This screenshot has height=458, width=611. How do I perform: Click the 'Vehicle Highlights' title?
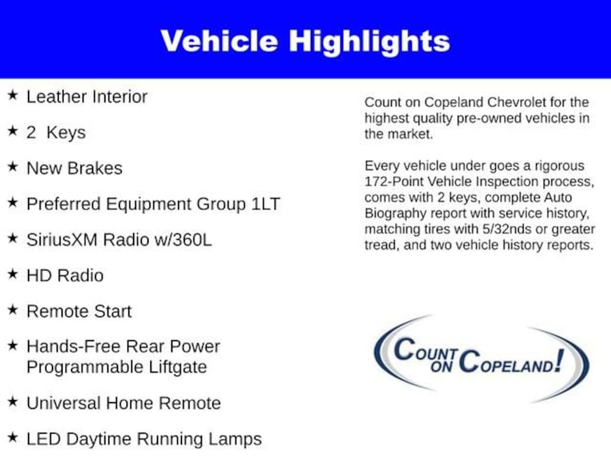[x=305, y=41]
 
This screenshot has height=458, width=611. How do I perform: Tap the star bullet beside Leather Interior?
[x=13, y=95]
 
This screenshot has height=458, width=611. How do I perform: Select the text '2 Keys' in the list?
[x=56, y=132]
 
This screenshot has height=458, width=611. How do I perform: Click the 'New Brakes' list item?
[x=75, y=168]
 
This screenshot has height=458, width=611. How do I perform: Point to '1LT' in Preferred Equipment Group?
[x=265, y=204]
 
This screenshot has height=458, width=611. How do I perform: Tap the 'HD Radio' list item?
[x=65, y=276]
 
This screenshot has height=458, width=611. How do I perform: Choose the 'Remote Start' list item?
[x=79, y=311]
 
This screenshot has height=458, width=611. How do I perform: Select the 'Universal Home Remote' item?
[x=124, y=403]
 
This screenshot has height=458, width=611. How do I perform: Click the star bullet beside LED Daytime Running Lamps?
[x=13, y=438]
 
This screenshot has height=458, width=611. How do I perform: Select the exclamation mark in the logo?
[x=557, y=360]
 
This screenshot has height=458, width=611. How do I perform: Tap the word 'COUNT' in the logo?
[x=425, y=350]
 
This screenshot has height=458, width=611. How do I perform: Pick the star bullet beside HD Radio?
[x=13, y=274]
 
